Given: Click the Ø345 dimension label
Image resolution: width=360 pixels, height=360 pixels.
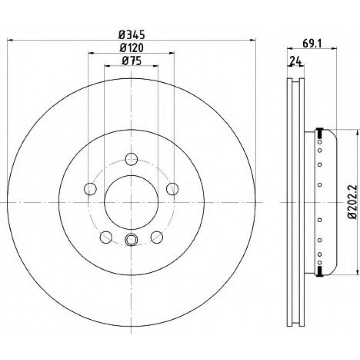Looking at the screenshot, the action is (132, 35).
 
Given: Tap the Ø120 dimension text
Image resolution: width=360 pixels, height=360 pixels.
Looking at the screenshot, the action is (131, 48).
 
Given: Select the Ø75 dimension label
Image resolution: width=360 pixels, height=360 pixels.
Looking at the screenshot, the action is (131, 61).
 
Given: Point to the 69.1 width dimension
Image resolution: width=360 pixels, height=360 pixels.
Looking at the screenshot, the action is (313, 43).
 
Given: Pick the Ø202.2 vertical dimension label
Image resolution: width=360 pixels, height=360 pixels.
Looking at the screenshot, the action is (353, 202).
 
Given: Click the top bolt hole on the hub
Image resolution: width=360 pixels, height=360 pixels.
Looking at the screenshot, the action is (131, 159).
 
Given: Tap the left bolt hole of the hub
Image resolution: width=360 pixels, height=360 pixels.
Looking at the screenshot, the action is (90, 189).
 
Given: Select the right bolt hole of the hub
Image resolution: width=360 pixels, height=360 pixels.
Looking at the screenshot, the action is (173, 189).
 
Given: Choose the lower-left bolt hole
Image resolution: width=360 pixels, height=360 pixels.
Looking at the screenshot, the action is (106, 237).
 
